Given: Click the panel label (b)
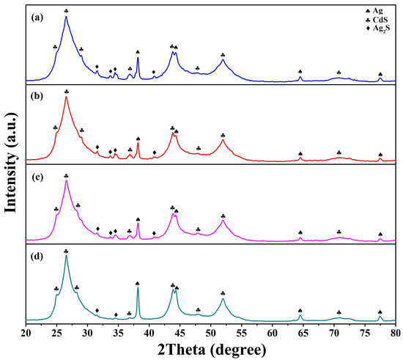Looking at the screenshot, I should pyautogui.click(x=34, y=95).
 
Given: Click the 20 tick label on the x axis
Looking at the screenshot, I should pyautogui.click(x=26, y=334).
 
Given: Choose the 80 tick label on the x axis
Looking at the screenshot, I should pyautogui.click(x=395, y=334).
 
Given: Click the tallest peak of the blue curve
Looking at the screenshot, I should pyautogui.click(x=66, y=17).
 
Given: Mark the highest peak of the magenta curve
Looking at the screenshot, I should pyautogui.click(x=66, y=181).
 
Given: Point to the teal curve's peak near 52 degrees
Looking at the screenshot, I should pyautogui.click(x=223, y=298).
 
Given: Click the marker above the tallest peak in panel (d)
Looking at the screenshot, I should pyautogui.click(x=66, y=251).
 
